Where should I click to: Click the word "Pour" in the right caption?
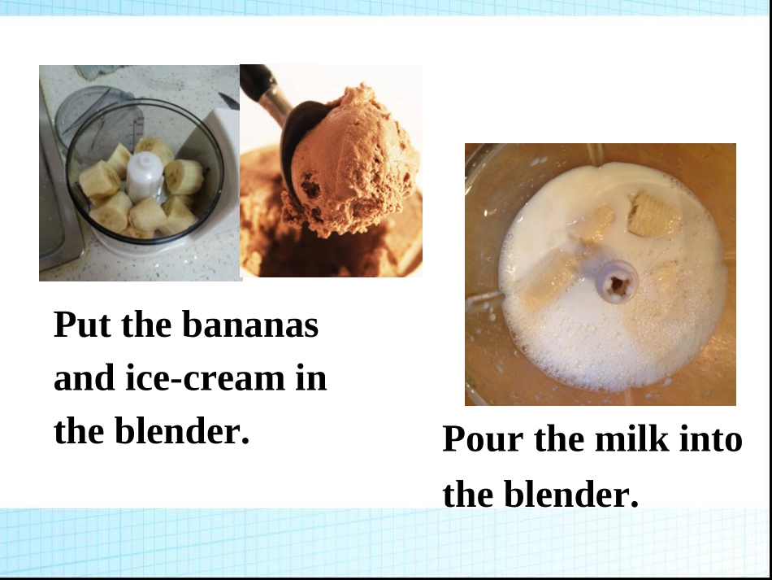479,440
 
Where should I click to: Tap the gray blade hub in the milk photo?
616,281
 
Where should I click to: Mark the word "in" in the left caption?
310,378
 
